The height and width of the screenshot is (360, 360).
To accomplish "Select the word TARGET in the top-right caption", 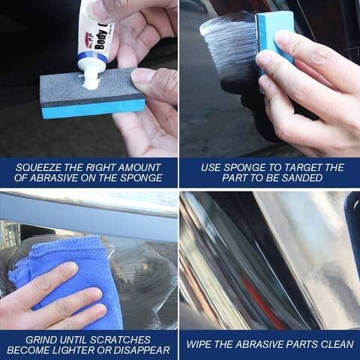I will [x=295, y=166].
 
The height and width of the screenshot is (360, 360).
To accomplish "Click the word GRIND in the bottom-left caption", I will [x=43, y=338].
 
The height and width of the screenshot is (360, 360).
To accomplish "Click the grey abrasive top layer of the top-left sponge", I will [x=75, y=90].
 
